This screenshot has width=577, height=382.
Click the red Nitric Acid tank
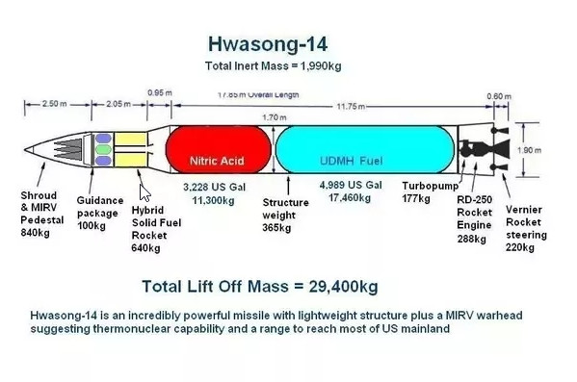click(x=217, y=152)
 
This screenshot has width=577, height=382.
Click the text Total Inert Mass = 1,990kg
click(x=274, y=66)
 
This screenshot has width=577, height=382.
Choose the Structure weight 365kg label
click(x=285, y=215)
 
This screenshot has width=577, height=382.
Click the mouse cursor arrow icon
click(x=145, y=191)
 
